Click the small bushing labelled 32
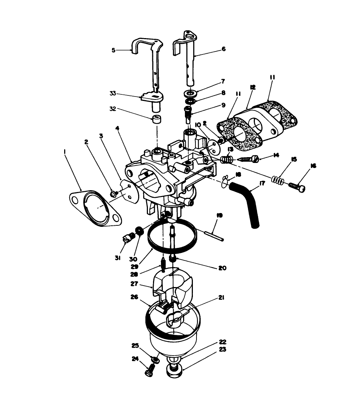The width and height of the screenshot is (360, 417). click(x=156, y=119)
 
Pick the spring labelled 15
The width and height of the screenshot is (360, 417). click(x=277, y=179)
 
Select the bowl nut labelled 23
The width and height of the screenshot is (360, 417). click(x=175, y=371)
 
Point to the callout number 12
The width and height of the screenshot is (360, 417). click(x=253, y=87)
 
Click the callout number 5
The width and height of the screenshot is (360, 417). click(x=113, y=50)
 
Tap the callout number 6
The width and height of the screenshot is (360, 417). click(x=223, y=49)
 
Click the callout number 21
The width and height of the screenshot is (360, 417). click(x=222, y=298)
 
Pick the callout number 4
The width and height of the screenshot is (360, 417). click(x=117, y=127)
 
